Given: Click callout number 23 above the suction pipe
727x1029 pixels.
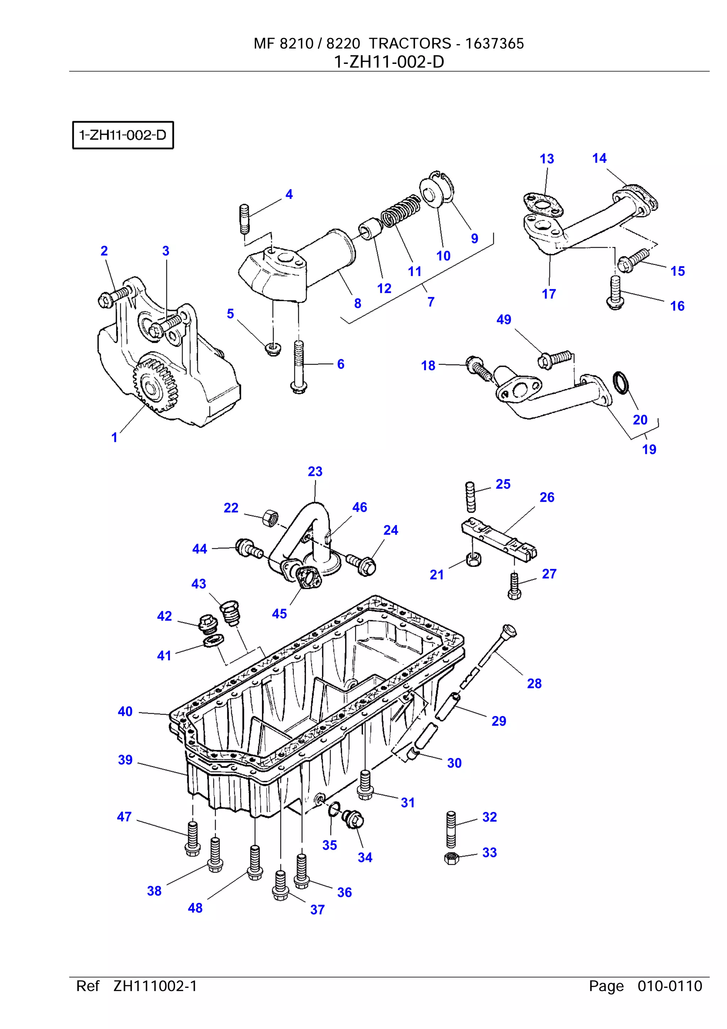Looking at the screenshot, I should pos(315,471).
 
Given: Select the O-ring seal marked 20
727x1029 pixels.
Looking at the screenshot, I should pos(621,383).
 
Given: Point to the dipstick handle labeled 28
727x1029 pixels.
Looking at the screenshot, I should pos(509,631).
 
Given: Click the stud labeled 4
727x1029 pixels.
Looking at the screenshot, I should pos(244,219).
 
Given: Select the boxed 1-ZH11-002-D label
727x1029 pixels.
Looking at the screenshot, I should pos(123,135).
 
